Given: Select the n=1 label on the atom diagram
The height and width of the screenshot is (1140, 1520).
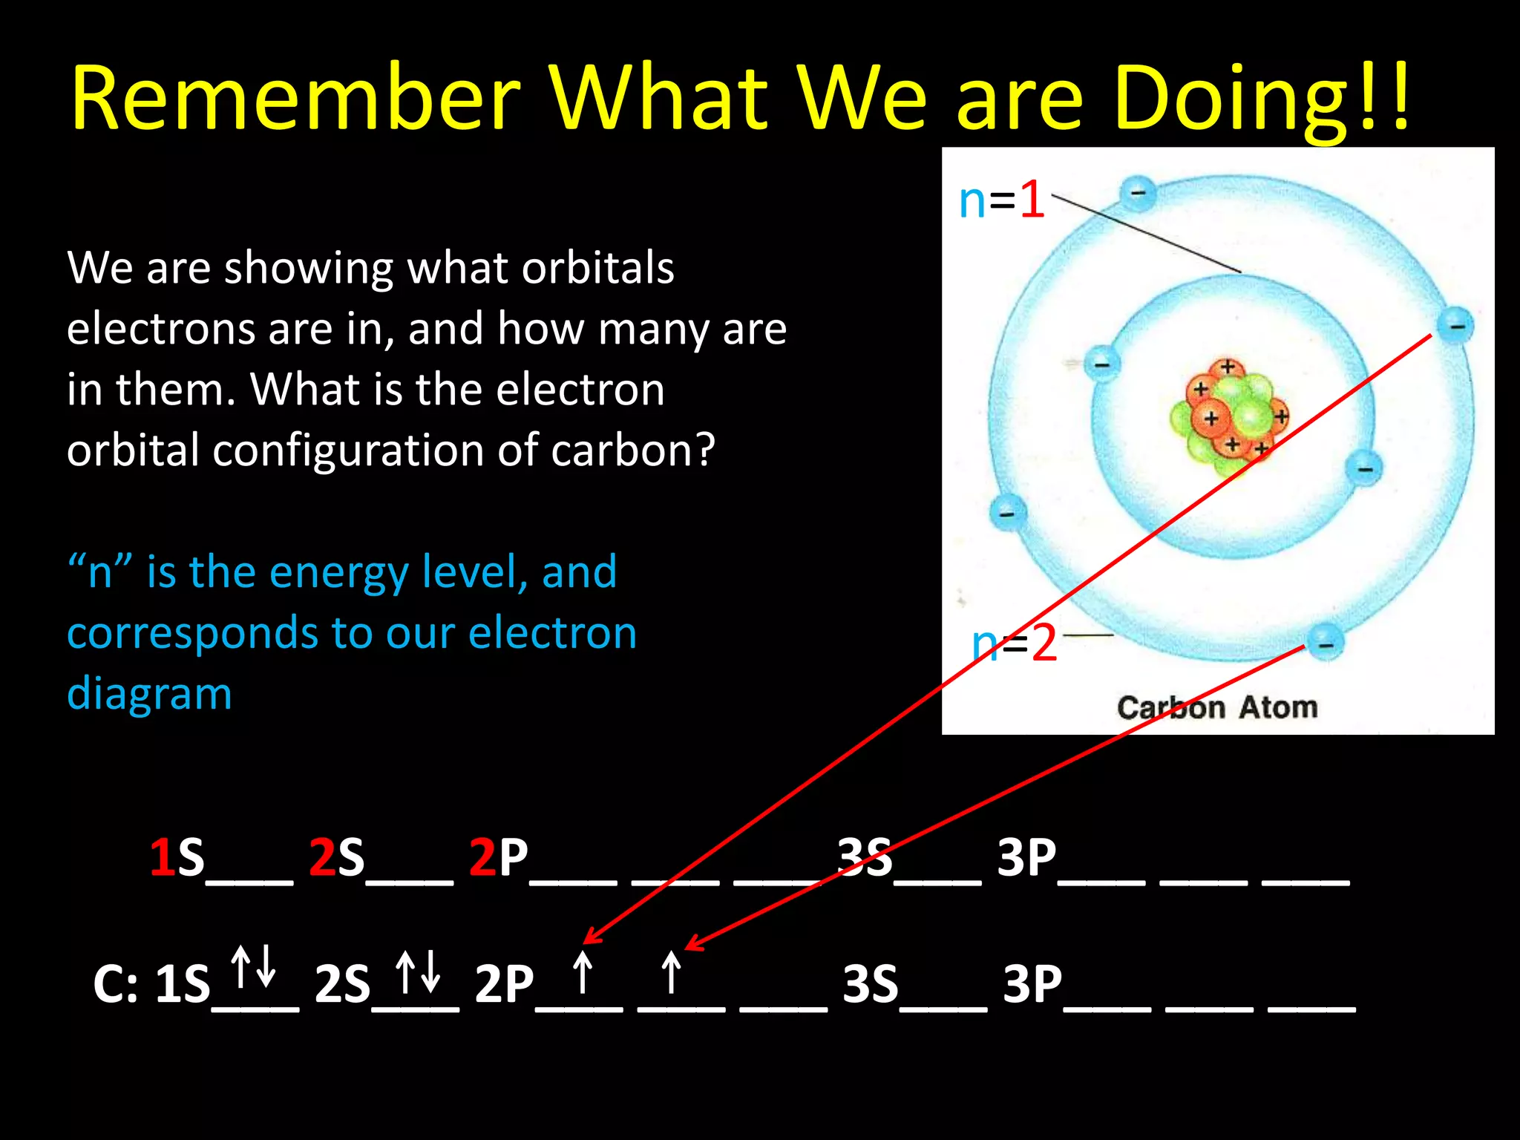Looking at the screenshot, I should click(x=1001, y=200).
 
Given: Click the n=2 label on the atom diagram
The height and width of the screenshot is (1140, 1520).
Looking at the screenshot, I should click(x=1014, y=643).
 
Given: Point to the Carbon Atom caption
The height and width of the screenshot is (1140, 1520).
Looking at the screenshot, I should click(x=1217, y=707).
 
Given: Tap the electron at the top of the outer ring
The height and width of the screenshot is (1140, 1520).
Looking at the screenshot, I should click(x=1137, y=193).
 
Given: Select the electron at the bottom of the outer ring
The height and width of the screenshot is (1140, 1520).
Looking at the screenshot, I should click(x=1325, y=642).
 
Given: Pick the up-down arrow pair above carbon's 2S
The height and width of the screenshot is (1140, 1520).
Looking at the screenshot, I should click(x=418, y=972).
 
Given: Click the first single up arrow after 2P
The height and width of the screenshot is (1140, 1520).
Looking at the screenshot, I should click(x=583, y=972).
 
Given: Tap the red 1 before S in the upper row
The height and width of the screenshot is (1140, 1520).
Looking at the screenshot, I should click(x=161, y=858).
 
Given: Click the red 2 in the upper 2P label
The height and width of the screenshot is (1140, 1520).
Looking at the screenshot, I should click(x=482, y=858).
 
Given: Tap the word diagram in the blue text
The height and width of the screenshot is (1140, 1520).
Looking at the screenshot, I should click(x=149, y=695).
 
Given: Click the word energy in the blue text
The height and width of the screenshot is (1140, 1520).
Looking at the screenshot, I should click(x=338, y=573).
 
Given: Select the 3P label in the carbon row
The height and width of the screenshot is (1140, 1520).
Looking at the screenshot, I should click(x=1032, y=985).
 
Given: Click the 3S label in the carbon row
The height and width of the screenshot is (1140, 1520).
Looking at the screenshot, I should click(x=871, y=985).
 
